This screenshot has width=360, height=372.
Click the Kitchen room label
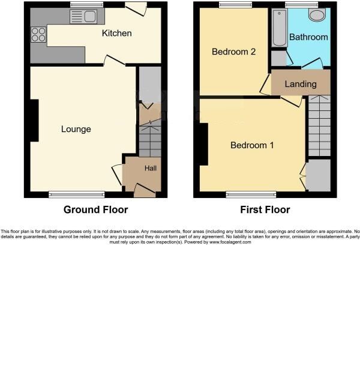pyautogui.click(x=116, y=33)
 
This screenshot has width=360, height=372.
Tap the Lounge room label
pyautogui.click(x=76, y=129)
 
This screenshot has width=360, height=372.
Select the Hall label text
pyautogui.click(x=150, y=169)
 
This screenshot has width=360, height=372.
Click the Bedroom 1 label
pyautogui.click(x=252, y=145)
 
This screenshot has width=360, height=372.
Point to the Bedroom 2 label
pyautogui.click(x=234, y=52)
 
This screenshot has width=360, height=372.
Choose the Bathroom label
pyautogui.click(x=308, y=37)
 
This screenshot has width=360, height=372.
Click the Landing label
pyautogui.click(x=301, y=84)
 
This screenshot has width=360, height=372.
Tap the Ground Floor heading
pyautogui.click(x=96, y=210)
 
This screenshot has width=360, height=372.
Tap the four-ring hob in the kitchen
pyautogui.click(x=38, y=35)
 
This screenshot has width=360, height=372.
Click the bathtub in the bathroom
pyautogui.click(x=278, y=28)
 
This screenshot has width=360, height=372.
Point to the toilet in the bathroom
pyautogui.click(x=316, y=15)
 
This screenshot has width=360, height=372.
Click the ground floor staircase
pyautogui.click(x=149, y=141)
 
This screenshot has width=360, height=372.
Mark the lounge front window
pyautogui.click(x=76, y=194)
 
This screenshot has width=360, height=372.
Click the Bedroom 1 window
pyautogui.click(x=251, y=194)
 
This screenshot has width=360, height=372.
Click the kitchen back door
pyautogui.click(x=136, y=8)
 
